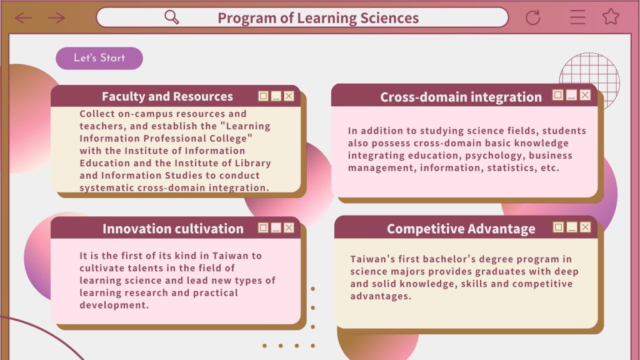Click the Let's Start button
pos(99,58)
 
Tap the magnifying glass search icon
pos(171,17)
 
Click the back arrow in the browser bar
pos(23,17)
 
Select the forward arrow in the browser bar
pos(56,17)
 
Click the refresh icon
pos(532,17)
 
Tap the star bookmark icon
pos(611,17)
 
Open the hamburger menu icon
pos(577,17)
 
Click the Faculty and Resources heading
pos(167,96)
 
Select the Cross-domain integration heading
pos(461,97)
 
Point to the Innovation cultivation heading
pos(173,229)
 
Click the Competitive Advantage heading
pos(461,229)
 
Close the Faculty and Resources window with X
pos(289,96)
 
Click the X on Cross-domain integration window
pos(585,95)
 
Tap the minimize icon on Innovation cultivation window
pos(276,227)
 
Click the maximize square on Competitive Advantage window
pos(558,227)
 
